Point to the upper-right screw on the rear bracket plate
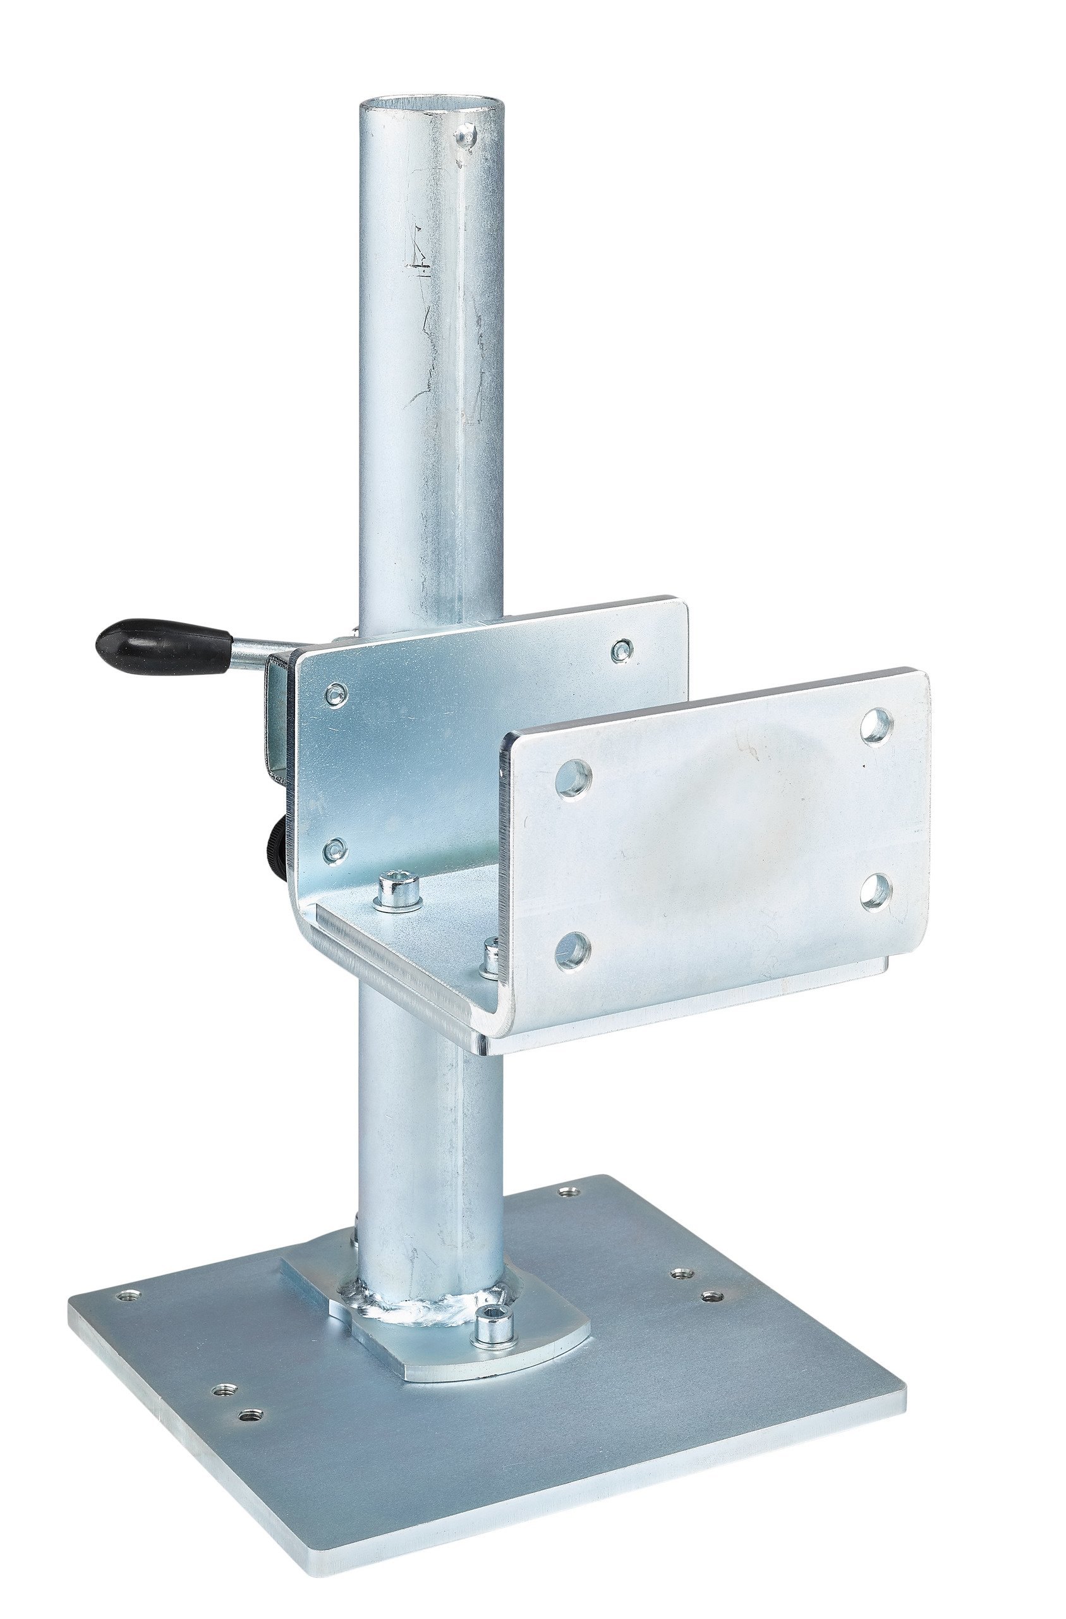pos(620,650)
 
